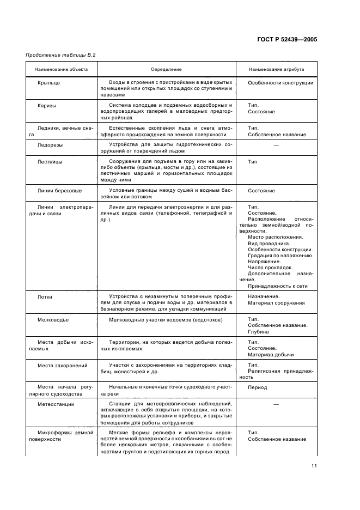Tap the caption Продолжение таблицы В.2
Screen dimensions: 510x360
point(57,56)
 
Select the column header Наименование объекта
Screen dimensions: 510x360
point(61,70)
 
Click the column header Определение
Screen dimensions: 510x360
point(166,70)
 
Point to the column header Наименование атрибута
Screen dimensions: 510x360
point(276,70)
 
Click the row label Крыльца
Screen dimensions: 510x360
point(49,83)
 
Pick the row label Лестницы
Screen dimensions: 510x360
point(50,162)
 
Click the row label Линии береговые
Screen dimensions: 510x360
point(60,191)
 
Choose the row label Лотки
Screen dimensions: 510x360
point(45,297)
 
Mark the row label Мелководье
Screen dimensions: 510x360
point(53,320)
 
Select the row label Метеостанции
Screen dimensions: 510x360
point(56,404)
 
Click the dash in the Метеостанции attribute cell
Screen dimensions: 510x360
point(276,404)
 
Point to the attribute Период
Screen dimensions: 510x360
point(258,388)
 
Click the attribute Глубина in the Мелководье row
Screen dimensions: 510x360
point(259,332)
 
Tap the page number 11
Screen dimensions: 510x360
point(314,466)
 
